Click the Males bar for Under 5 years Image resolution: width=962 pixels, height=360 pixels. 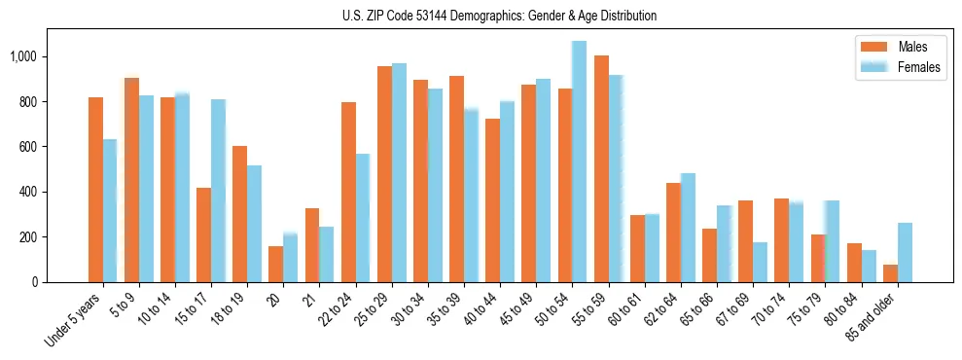pyautogui.click(x=95, y=190)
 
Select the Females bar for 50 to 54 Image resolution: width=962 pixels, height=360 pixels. pyautogui.click(x=579, y=162)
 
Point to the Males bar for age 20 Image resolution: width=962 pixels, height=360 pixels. pyautogui.click(x=276, y=264)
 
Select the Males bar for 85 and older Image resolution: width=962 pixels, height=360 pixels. pyautogui.click(x=890, y=273)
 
